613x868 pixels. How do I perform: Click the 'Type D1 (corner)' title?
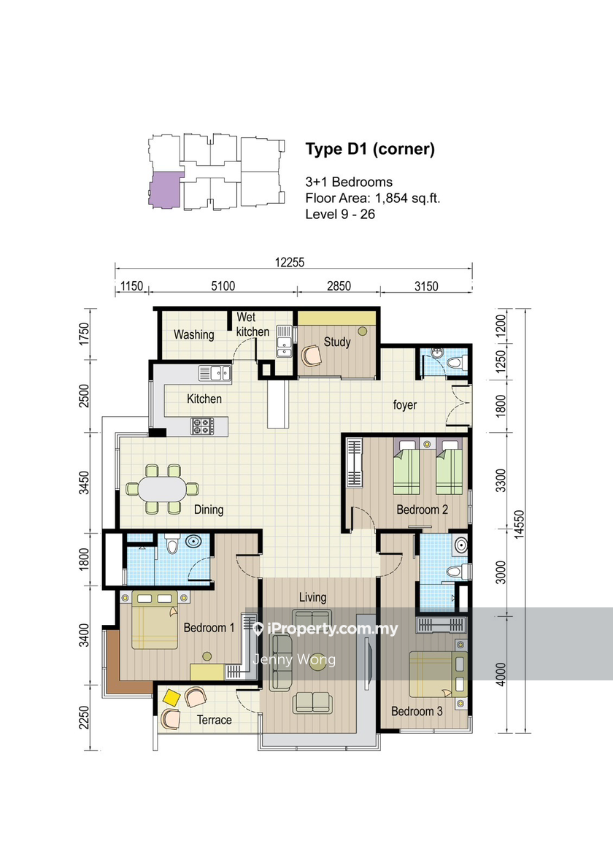(x=370, y=150)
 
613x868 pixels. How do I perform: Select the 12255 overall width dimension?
(x=290, y=262)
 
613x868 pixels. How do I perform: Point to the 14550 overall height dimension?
(x=518, y=523)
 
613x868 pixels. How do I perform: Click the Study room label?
(x=337, y=342)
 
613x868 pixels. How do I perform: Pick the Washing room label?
(x=193, y=334)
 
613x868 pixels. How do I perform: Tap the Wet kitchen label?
(x=252, y=324)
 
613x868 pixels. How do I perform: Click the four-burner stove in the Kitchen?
(x=202, y=426)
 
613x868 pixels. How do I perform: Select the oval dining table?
(x=161, y=489)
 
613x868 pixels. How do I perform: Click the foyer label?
(x=405, y=404)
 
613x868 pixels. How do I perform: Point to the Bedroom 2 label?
(x=422, y=510)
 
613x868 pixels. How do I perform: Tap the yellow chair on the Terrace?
(x=171, y=697)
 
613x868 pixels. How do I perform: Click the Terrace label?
(x=214, y=720)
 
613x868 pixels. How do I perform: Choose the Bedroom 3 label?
(x=417, y=711)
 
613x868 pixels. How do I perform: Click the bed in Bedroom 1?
(x=155, y=620)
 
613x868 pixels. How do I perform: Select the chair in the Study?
(x=312, y=356)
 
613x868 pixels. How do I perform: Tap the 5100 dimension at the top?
(x=223, y=285)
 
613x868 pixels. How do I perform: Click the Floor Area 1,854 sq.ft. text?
(x=372, y=198)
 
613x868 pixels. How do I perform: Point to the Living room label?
(x=312, y=597)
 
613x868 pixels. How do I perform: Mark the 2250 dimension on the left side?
(x=84, y=718)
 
